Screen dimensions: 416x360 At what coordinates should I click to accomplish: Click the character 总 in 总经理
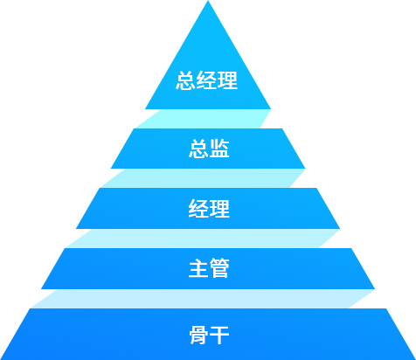pyautogui.click(x=185, y=80)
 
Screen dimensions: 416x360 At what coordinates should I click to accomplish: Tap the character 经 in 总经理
pyautogui.click(x=206, y=80)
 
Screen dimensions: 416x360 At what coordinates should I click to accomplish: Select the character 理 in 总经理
pyautogui.click(x=227, y=80)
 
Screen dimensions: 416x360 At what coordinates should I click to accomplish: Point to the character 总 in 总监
pyautogui.click(x=198, y=149)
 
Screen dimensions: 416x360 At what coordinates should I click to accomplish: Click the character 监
pyautogui.click(x=219, y=149)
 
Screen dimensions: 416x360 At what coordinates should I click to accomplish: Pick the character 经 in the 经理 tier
pyautogui.click(x=198, y=209)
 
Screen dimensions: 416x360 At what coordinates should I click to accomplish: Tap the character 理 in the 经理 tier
pyautogui.click(x=219, y=209)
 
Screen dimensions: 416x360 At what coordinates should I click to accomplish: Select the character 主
pyautogui.click(x=198, y=268)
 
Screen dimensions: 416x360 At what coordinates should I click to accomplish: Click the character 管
pyautogui.click(x=219, y=268)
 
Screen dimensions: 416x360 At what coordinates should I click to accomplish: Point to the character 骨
pyautogui.click(x=198, y=335)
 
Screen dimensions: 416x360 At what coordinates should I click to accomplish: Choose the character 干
pyautogui.click(x=219, y=335)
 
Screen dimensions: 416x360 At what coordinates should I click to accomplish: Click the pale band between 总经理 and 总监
pyautogui.click(x=204, y=119)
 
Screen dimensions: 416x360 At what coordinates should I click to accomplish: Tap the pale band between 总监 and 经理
pyautogui.click(x=204, y=178)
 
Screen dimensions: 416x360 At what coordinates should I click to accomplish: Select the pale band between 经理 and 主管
pyautogui.click(x=204, y=239)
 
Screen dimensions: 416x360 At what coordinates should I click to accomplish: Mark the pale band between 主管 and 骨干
pyautogui.click(x=204, y=299)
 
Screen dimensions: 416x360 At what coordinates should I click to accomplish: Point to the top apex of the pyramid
pyautogui.click(x=208, y=1)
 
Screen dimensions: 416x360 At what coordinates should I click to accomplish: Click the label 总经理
pyautogui.click(x=206, y=80)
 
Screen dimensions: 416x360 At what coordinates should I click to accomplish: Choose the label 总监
pyautogui.click(x=209, y=149)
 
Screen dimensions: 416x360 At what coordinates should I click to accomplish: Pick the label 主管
pyautogui.click(x=209, y=268)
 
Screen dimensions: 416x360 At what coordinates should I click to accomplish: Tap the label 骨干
pyautogui.click(x=209, y=335)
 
